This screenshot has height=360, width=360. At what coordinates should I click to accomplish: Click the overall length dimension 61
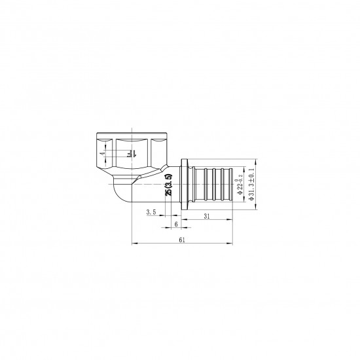pos(183,240)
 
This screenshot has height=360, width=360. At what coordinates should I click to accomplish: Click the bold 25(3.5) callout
pos(168,185)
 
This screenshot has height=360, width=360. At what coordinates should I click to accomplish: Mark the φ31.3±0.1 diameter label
pos(252,183)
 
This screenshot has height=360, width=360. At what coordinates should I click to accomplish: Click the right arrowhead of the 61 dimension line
pos(232,245)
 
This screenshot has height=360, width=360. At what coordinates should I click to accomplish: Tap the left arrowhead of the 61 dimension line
pos(134,245)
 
